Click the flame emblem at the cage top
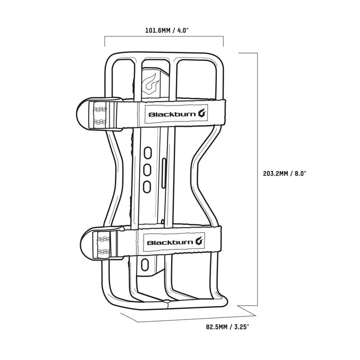(150, 82)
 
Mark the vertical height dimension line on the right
(257, 180)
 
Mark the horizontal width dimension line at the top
(164, 37)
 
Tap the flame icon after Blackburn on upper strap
(203, 114)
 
